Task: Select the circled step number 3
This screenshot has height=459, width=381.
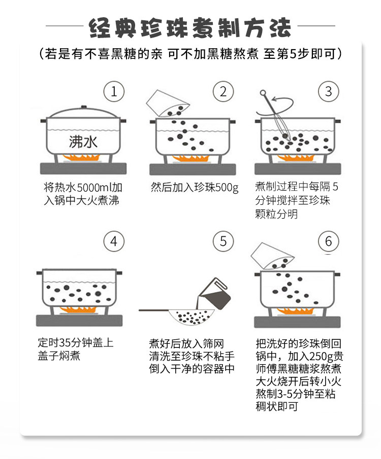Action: coord(329,92)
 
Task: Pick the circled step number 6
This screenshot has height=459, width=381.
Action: coord(329,241)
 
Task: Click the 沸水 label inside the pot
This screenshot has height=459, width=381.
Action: coord(83,142)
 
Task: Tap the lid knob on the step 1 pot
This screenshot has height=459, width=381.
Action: coord(82,108)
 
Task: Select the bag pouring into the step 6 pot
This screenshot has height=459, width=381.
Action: coord(273,255)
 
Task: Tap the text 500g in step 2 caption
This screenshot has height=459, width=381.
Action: coord(226,187)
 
